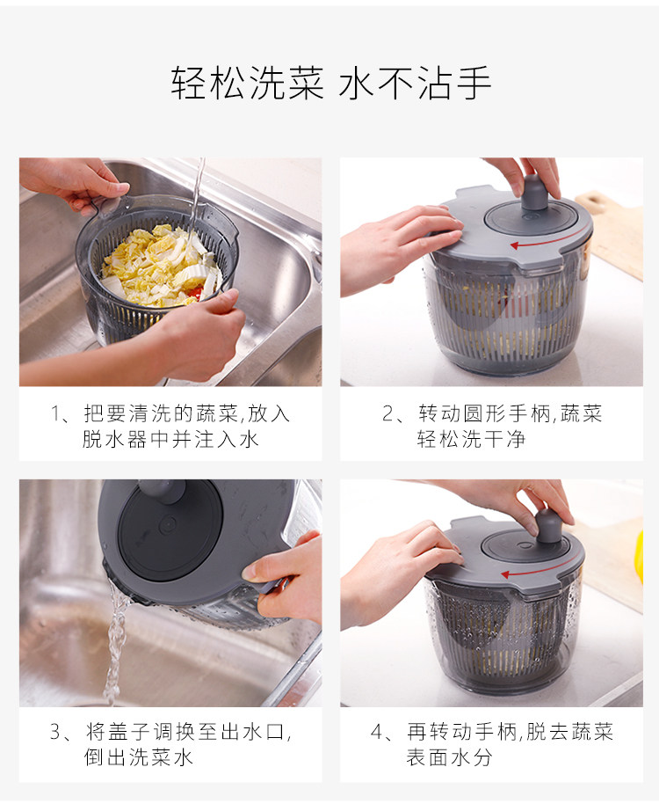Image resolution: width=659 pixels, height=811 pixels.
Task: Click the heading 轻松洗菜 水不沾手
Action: click(x=330, y=83)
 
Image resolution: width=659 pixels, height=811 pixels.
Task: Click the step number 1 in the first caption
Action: click(x=55, y=413)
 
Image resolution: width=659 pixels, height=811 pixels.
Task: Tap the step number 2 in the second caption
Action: click(x=388, y=413)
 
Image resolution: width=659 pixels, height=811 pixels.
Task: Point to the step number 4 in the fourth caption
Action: click(x=377, y=732)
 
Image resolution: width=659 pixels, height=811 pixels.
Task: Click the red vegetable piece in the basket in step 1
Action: click(x=195, y=293)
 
